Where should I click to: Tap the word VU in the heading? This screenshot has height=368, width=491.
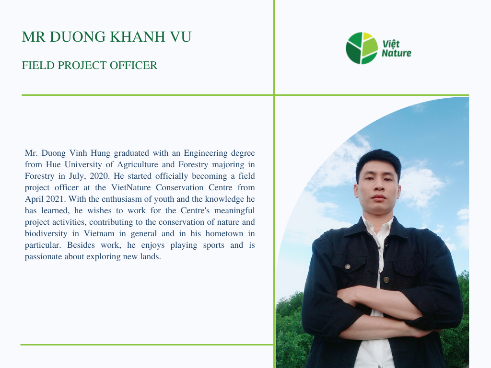(181, 36)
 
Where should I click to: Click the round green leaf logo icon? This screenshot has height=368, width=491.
(362, 48)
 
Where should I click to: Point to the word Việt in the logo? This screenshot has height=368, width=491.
(391, 44)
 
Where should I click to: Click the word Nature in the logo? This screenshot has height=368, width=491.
(397, 53)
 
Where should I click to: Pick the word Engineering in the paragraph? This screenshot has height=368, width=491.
(205, 153)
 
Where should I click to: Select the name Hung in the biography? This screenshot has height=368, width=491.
(101, 153)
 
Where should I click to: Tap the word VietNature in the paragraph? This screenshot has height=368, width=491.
(131, 187)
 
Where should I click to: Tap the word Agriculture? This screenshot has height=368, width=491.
(138, 165)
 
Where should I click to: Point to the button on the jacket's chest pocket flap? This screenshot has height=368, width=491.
(348, 266)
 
